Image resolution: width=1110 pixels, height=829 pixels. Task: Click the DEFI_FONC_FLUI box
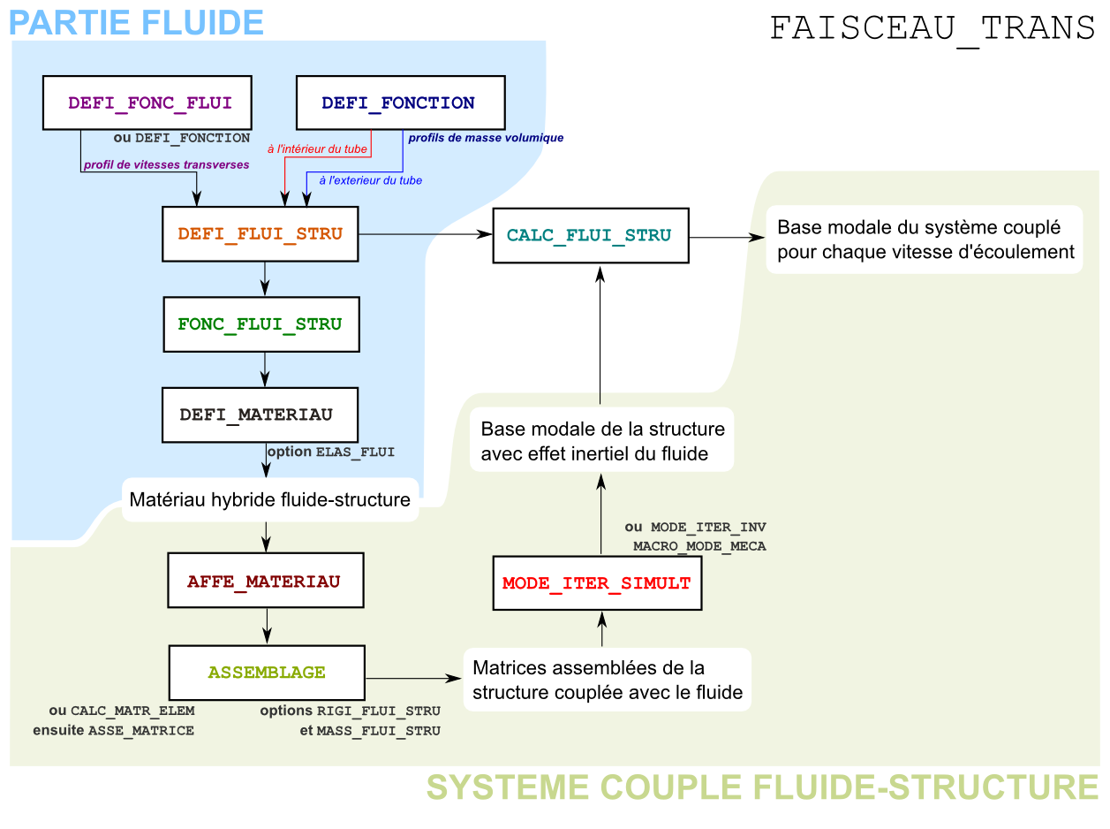[149, 103]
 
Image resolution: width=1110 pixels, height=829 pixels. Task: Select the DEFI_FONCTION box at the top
[399, 103]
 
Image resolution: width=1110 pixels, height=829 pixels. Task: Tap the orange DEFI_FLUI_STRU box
[261, 234]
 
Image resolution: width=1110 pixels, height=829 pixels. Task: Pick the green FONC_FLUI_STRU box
[260, 324]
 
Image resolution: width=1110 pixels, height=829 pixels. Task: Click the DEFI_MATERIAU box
[260, 414]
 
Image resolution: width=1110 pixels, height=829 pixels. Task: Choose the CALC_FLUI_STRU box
[590, 236]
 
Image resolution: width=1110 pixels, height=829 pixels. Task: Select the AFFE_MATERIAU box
[265, 582]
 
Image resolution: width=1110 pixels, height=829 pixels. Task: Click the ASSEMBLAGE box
[267, 673]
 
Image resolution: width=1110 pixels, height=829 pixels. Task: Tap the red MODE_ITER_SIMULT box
[597, 583]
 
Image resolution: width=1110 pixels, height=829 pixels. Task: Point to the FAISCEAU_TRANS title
[933, 29]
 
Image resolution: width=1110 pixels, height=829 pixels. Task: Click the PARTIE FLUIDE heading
[137, 22]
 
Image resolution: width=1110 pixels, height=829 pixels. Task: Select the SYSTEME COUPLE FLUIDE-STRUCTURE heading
[762, 787]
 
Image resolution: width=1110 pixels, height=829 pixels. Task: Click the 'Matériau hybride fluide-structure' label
[269, 500]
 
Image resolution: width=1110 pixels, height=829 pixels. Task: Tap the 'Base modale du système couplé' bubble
[925, 240]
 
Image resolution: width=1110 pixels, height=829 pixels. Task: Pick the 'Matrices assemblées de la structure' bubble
[608, 680]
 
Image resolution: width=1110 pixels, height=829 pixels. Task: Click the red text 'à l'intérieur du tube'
[317, 149]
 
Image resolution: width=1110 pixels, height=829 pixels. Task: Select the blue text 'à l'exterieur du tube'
[370, 180]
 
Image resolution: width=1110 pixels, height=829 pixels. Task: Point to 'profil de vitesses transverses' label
[166, 164]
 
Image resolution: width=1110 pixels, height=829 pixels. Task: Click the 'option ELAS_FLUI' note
[331, 452]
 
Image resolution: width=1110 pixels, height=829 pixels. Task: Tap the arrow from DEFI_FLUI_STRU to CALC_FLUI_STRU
[424, 234]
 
